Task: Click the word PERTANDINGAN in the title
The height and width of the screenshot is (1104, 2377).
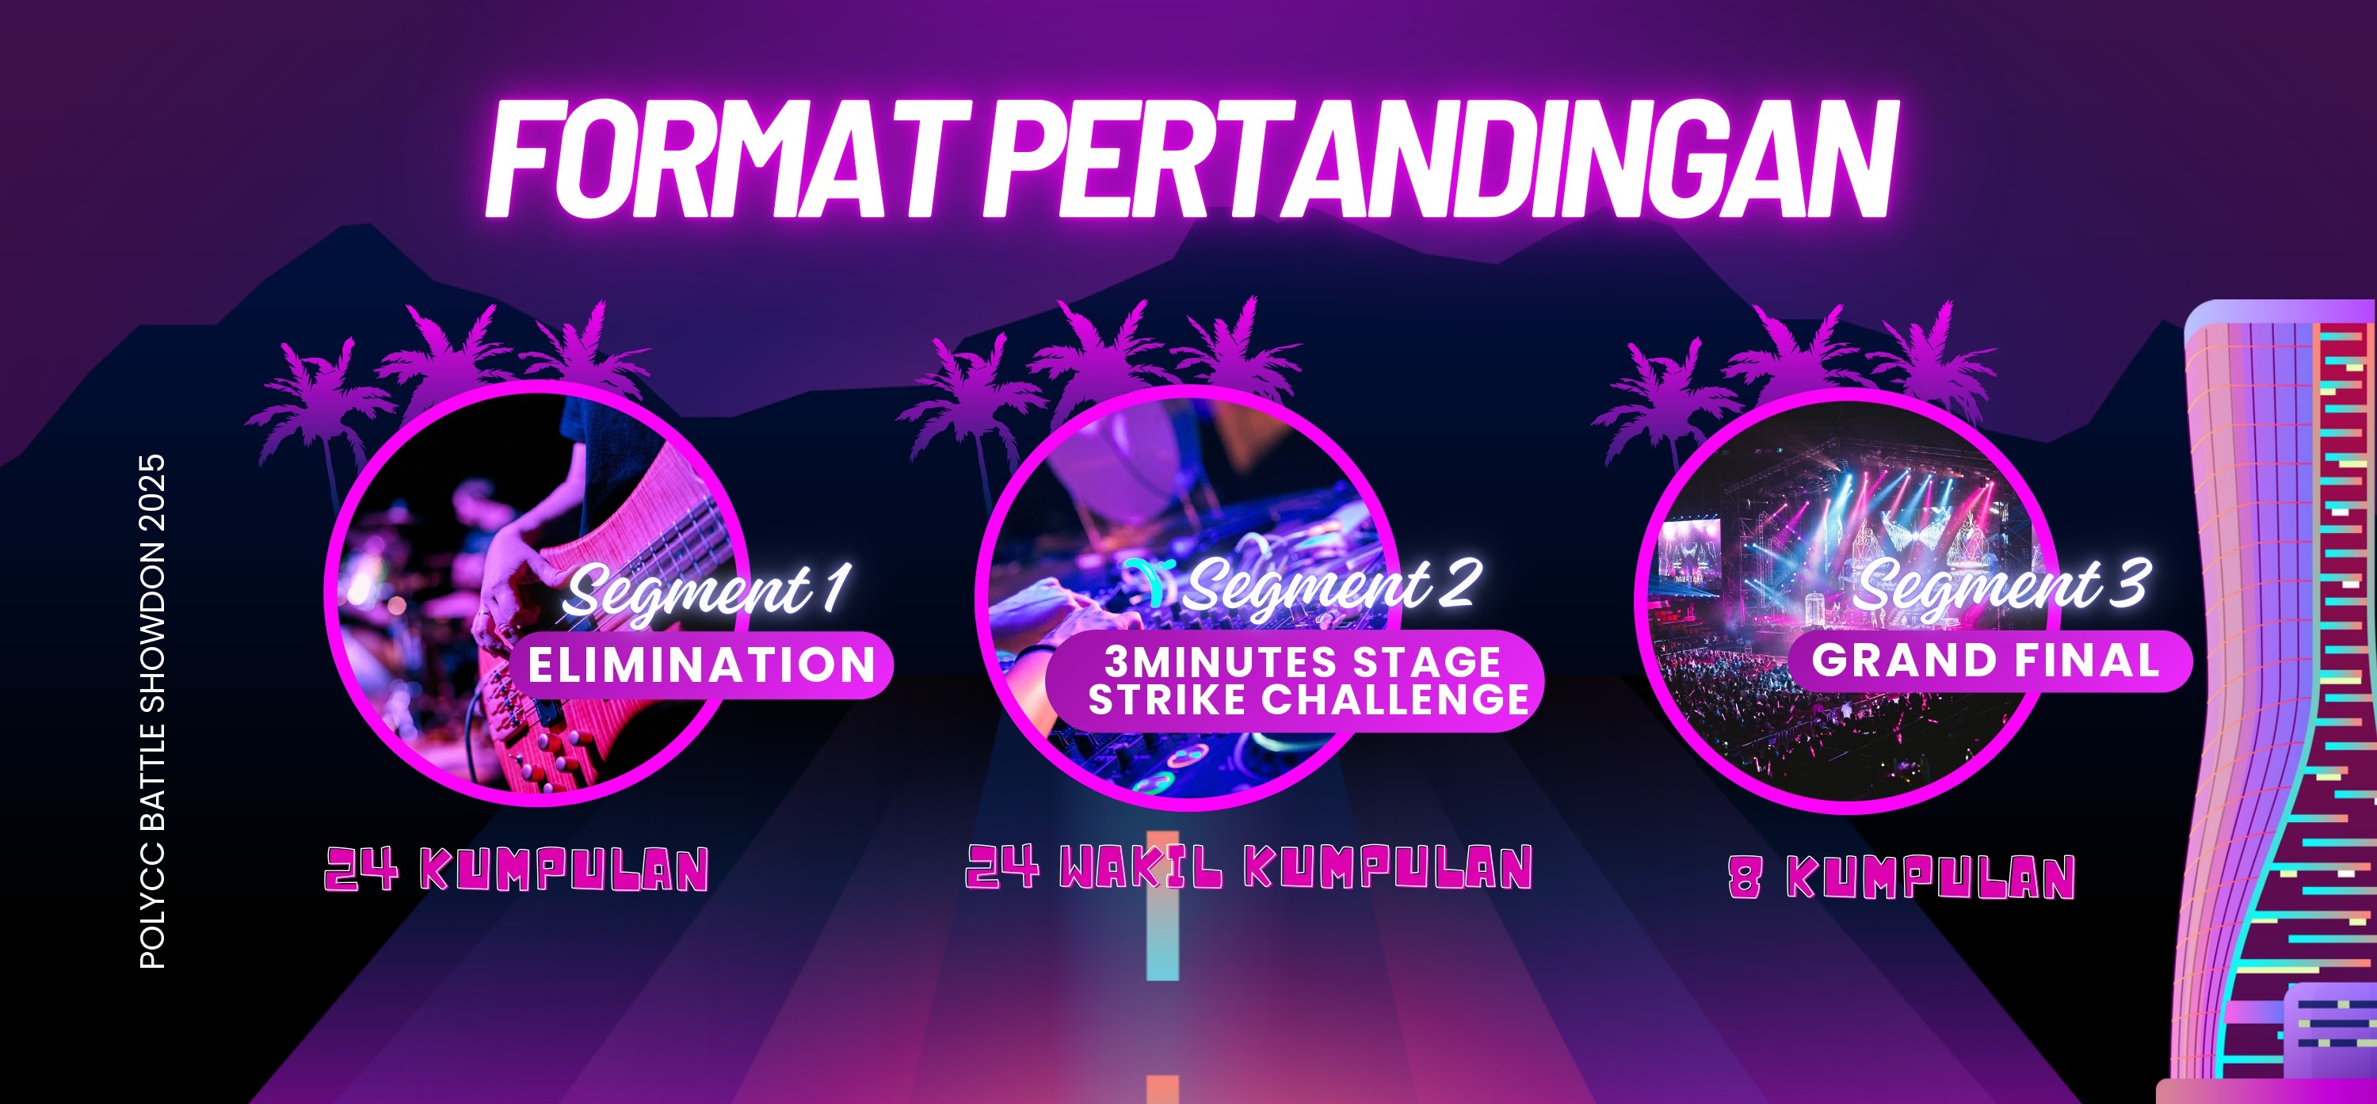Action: [x=1440, y=158]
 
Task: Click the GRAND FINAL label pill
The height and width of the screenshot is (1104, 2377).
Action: [x=1989, y=660]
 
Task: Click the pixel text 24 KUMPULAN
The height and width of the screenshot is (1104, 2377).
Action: [x=516, y=869]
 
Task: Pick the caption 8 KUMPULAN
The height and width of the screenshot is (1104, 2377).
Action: [x=1902, y=876]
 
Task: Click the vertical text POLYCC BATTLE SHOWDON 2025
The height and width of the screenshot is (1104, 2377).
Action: [x=152, y=711]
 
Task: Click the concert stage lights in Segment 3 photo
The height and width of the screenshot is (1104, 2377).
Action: [x=1883, y=516]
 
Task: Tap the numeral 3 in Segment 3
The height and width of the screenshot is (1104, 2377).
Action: [x=2131, y=583]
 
